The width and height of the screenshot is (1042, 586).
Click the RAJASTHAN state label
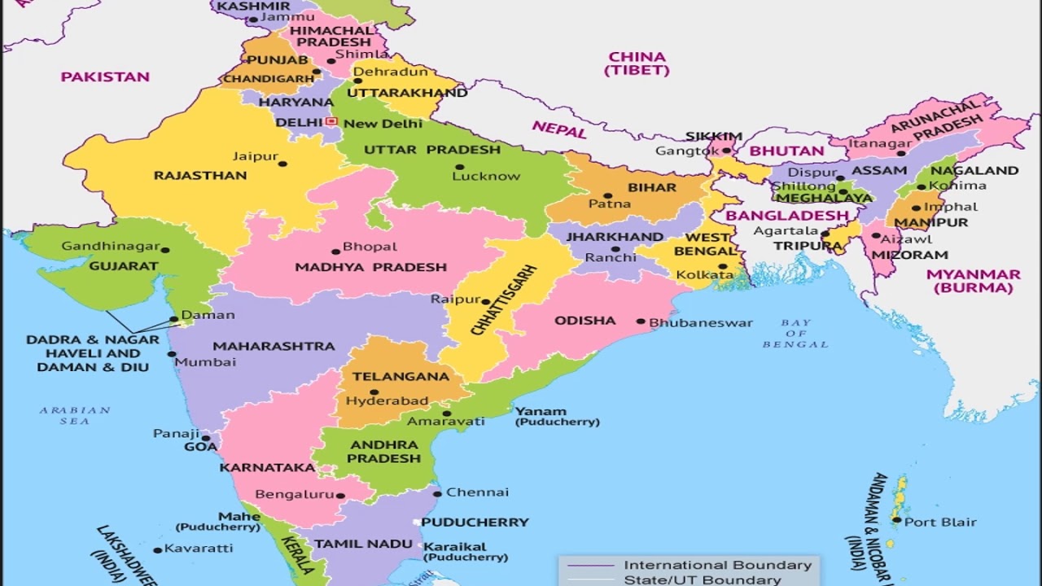200,175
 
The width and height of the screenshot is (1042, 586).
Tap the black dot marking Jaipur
282,164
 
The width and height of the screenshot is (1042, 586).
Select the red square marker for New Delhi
331,121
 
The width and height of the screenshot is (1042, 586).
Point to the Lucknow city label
486,176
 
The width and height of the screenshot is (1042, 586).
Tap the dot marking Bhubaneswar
641,321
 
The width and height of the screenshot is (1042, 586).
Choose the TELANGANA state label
389,376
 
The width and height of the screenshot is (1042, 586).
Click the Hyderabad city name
387,400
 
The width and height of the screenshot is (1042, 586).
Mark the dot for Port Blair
896,519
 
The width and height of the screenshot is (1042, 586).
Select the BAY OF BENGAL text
795,334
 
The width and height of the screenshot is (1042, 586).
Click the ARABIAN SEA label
75,416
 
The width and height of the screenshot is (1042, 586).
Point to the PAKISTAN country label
105,77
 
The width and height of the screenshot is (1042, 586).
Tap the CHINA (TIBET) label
637,63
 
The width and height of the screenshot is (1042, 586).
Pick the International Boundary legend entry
717,565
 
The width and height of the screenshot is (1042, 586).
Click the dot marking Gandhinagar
165,250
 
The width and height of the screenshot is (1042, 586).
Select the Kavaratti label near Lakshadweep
199,549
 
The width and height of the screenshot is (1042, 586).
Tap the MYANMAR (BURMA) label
973,281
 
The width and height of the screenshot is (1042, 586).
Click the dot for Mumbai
171,354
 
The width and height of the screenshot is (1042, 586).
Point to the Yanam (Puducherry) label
557,416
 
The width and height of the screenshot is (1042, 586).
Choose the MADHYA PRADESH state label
370,267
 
